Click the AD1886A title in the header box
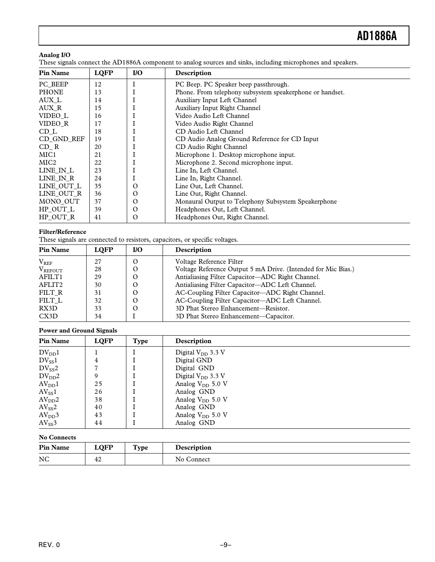tap(376, 36)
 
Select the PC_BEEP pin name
tap(54, 84)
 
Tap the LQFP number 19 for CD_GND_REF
tap(98, 139)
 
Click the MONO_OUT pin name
tap(59, 202)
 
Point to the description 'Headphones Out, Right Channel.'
tap(222, 217)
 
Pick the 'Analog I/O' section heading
tap(55, 55)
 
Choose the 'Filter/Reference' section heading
tap(62, 232)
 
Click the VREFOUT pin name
tap(50, 270)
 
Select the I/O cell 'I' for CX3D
tap(134, 316)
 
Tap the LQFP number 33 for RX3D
tap(98, 309)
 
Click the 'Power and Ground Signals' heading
tap(78, 331)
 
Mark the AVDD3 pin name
tap(49, 415)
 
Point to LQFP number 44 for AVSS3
tap(98, 423)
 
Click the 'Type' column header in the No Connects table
tap(140, 448)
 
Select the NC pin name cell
tap(44, 459)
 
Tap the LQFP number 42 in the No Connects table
tap(98, 459)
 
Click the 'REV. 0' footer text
tap(49, 545)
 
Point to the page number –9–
tap(225, 545)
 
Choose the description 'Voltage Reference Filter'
tap(209, 262)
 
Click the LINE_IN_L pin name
tap(56, 171)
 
